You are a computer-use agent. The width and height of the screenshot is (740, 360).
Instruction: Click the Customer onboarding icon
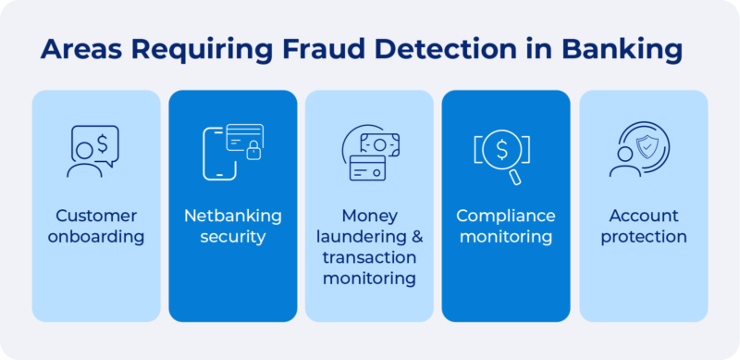(x=94, y=151)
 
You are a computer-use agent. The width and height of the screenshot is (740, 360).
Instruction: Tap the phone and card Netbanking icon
(x=231, y=151)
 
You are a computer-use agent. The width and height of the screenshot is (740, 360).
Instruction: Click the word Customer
(x=96, y=216)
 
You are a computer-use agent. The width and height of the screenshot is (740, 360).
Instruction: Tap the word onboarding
(x=96, y=237)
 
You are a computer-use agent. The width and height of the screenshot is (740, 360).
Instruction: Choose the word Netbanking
(x=232, y=216)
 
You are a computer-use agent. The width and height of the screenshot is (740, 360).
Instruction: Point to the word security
(x=232, y=237)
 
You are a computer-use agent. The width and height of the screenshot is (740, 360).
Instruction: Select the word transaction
(x=369, y=257)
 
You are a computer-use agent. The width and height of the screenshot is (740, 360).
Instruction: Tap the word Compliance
(x=506, y=216)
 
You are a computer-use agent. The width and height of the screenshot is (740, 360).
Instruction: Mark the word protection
(x=644, y=237)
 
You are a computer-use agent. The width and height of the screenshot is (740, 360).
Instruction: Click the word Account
(x=644, y=216)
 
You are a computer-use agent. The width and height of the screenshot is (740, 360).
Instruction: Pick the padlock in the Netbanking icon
(x=253, y=153)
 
